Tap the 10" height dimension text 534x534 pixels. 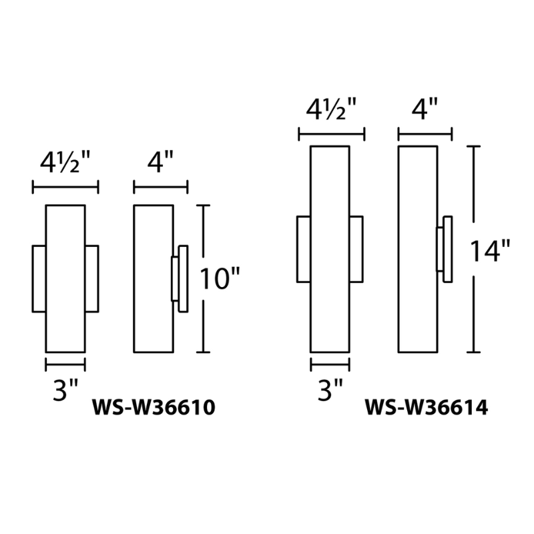pyautogui.click(x=220, y=280)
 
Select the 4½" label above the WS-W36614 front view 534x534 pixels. pyautogui.click(x=331, y=108)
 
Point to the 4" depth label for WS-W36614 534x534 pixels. pyautogui.click(x=425, y=108)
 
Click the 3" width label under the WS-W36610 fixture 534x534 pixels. pyautogui.click(x=65, y=390)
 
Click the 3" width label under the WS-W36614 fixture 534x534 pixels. pyautogui.click(x=330, y=390)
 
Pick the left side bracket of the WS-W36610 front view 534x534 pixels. pyautogui.click(x=39, y=278)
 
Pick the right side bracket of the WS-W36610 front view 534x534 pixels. pyautogui.click(x=91, y=278)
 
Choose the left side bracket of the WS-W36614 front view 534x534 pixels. pyautogui.click(x=303, y=248)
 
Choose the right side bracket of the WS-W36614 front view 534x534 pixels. pyautogui.click(x=356, y=248)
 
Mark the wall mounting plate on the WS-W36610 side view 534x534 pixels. pyautogui.click(x=182, y=278)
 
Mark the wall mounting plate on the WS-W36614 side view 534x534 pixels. pyautogui.click(x=447, y=248)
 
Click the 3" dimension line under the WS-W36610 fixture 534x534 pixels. pyautogui.click(x=65, y=364)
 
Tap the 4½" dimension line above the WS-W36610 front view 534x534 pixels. pyautogui.click(x=65, y=189)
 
